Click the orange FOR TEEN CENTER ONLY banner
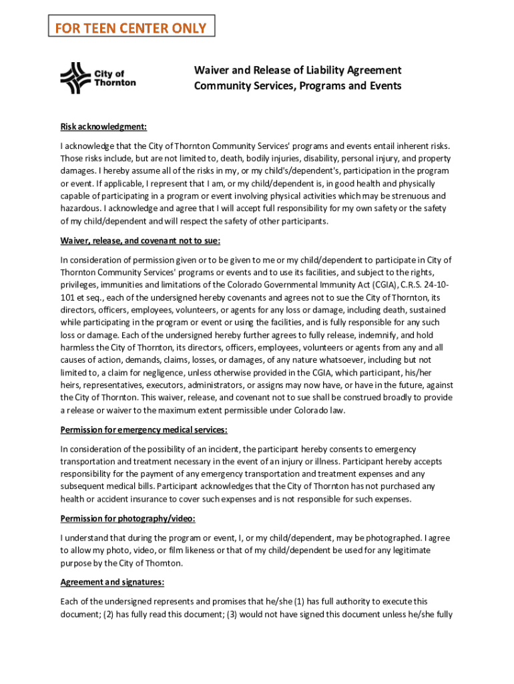point(131,28)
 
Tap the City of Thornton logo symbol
point(75,78)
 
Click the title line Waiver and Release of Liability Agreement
point(297,70)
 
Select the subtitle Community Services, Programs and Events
point(297,86)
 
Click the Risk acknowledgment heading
point(103,127)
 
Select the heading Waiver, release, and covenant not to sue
point(140,240)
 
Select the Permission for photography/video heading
point(127,518)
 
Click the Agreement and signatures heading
point(112,582)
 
